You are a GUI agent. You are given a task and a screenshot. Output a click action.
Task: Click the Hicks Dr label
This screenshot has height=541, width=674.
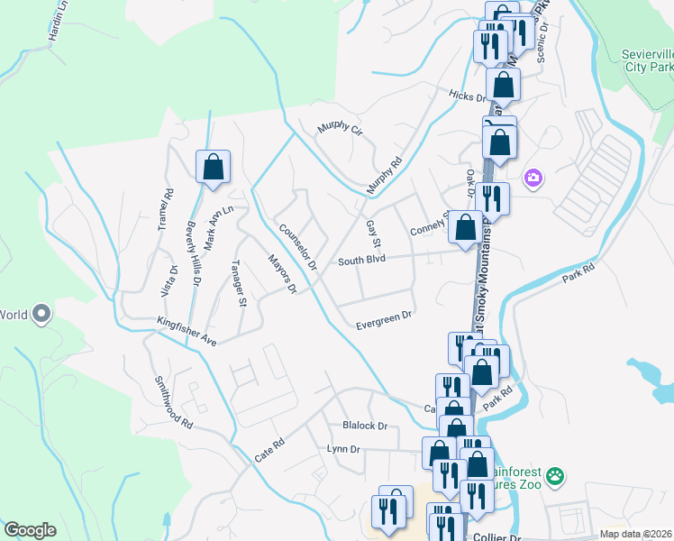point(468,96)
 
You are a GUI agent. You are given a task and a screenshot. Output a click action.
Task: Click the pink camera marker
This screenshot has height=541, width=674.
point(533,178)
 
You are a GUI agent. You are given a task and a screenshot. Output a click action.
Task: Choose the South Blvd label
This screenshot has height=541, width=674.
point(361,261)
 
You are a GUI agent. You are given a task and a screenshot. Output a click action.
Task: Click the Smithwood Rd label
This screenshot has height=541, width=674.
point(173,401)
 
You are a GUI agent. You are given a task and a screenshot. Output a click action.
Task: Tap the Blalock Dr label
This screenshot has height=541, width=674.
point(364,426)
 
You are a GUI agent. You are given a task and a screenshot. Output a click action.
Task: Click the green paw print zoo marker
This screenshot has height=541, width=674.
point(556,474)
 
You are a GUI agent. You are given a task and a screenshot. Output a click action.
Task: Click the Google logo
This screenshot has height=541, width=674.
point(30,530)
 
